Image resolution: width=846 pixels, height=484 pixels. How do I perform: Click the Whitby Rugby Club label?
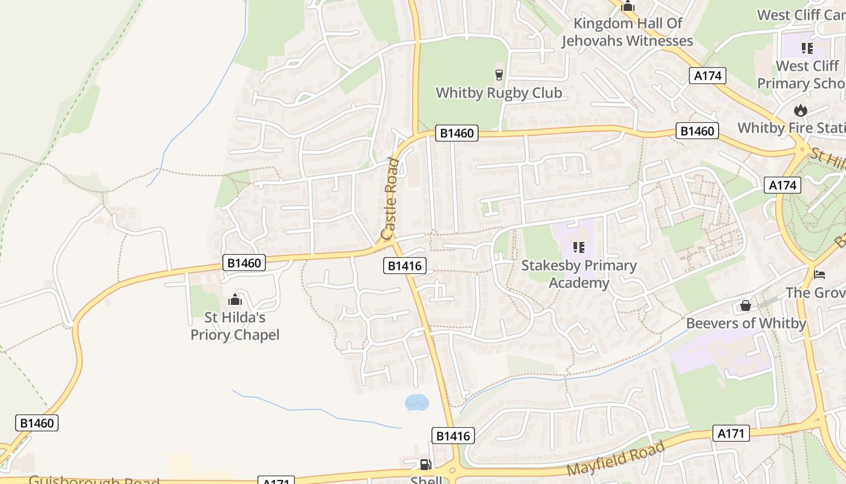[x=499, y=93]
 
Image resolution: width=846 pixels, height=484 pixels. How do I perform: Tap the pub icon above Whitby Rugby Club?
[x=499, y=74]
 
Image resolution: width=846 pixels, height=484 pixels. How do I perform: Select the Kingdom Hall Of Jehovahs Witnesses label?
[x=627, y=33]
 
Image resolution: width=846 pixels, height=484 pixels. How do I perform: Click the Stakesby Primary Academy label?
[x=579, y=274]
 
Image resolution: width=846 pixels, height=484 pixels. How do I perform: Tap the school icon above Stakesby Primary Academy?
[x=579, y=247]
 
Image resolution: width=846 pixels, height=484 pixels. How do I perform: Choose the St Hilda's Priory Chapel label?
[x=235, y=326]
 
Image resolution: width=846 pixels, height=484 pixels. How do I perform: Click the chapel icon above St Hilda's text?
[x=234, y=299]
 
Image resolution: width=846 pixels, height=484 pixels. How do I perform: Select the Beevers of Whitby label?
[x=746, y=323]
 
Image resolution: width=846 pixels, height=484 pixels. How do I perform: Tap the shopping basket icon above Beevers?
[x=746, y=306]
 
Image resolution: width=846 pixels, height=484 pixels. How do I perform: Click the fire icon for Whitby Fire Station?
[x=801, y=110]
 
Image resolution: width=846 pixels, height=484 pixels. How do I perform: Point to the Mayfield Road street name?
[x=616, y=459]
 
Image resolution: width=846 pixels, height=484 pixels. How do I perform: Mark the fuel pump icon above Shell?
[x=425, y=465]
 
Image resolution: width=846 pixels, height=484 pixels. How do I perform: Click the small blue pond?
[x=416, y=402]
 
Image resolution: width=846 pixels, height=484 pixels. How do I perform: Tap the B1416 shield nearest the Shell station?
[x=453, y=436]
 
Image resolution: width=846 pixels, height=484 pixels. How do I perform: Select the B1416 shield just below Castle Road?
[x=405, y=266]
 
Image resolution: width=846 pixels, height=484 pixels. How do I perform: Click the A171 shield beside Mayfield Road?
[x=731, y=433]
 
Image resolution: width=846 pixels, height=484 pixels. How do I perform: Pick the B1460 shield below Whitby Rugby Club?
[x=456, y=133]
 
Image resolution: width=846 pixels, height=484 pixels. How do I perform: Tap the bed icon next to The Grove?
[x=819, y=274]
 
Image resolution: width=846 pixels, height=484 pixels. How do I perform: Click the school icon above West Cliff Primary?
[x=807, y=48]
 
